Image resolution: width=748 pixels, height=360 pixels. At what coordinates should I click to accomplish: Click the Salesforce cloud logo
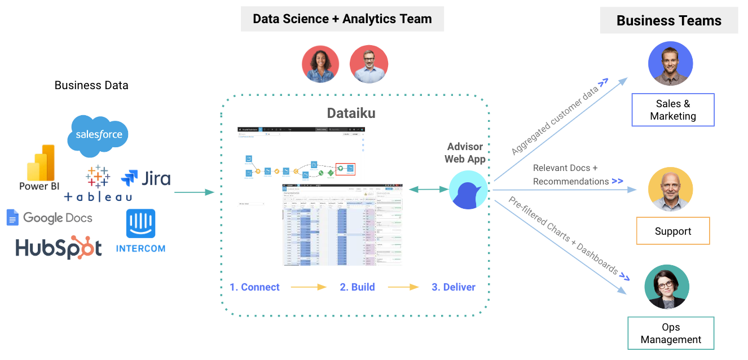(98, 135)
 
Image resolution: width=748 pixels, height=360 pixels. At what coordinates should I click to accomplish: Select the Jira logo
(146, 179)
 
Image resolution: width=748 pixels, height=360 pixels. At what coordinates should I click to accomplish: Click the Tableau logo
(98, 184)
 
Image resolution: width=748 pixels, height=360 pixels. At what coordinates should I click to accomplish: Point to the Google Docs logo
(49, 218)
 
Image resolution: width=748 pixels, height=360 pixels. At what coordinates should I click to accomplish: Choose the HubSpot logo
(59, 248)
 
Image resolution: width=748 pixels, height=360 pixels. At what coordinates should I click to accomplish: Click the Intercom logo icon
(140, 224)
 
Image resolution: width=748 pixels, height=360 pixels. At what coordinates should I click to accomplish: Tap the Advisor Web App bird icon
(468, 190)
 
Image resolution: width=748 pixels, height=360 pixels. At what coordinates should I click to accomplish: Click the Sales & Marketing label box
(672, 110)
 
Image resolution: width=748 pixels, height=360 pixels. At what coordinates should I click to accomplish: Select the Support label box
(672, 231)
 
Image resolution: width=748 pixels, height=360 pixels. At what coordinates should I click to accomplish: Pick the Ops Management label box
(671, 333)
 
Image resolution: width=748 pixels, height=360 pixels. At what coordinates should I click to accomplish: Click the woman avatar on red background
(320, 64)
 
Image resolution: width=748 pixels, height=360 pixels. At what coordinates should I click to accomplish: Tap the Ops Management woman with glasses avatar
(667, 287)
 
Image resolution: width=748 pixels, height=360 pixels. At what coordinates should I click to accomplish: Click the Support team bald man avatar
(670, 188)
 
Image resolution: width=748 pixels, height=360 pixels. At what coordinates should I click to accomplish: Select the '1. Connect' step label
(254, 287)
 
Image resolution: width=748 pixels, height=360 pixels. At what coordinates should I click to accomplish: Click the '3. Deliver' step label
(453, 287)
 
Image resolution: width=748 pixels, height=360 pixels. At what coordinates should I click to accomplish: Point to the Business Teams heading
(668, 21)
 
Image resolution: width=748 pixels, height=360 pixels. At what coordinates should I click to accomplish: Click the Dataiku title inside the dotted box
(351, 113)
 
